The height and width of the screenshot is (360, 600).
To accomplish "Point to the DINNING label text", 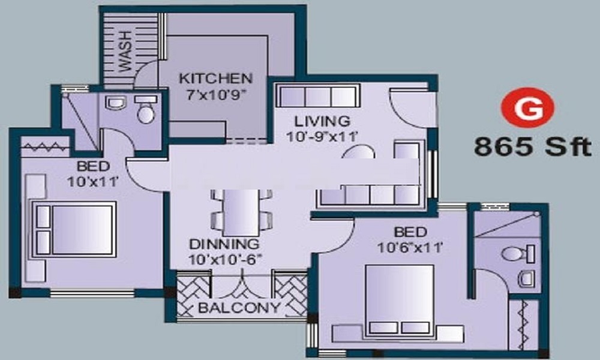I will (x=224, y=244).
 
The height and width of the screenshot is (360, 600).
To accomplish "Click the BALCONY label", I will (x=240, y=308).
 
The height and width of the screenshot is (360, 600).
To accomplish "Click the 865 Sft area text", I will (x=532, y=146).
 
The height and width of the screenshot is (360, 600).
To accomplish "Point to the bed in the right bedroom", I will (x=399, y=299).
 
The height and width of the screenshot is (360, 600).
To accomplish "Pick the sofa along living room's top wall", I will (x=317, y=96).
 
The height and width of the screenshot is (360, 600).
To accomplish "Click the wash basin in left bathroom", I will (x=113, y=103).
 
